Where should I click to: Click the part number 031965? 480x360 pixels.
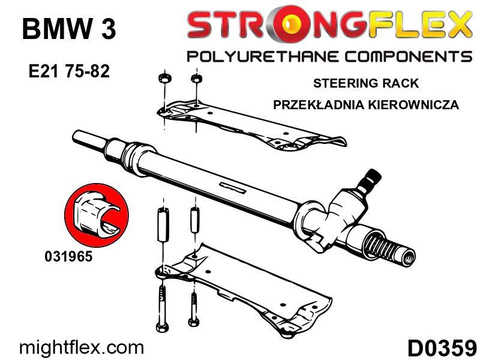68,256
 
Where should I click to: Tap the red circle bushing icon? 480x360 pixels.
97,215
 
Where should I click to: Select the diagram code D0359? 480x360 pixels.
442,348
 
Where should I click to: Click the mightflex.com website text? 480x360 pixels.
81,348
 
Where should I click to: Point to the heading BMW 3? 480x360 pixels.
69,29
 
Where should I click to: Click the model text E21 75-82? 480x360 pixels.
69,71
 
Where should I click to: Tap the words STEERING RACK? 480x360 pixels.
366,83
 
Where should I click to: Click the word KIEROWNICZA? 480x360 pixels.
413,104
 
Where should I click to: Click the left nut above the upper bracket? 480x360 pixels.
164,79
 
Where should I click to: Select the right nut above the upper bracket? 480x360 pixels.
196,79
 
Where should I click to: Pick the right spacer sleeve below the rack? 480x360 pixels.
194,220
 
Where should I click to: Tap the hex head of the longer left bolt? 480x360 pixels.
161,327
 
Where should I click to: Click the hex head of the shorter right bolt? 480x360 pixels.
193,323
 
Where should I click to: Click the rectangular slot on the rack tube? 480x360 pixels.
233,187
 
